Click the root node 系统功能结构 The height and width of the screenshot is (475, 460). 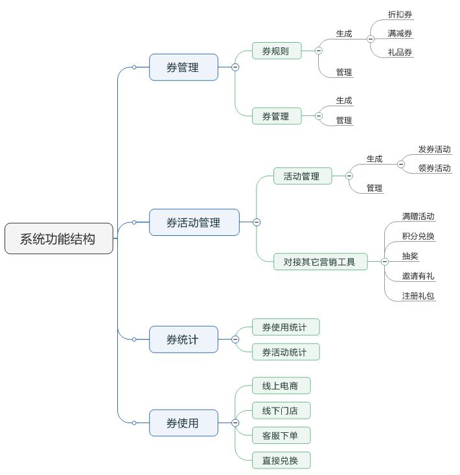pos(58,238)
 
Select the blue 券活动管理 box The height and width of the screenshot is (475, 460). pos(194,222)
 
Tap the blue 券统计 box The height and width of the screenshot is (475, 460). pos(183,339)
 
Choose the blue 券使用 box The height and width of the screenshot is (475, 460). pos(183,423)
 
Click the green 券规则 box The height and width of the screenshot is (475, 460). pos(277,51)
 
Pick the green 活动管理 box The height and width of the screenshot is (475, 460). pos(303,176)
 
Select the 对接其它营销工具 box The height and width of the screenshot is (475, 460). pos(320,262)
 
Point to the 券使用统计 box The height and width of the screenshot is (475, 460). pos(285,327)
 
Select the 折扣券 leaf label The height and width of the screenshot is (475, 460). pos(400,14)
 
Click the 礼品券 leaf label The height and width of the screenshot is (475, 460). pos(400,52)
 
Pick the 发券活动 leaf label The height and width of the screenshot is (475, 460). pos(434,149)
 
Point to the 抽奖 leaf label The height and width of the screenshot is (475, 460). pos(410,256)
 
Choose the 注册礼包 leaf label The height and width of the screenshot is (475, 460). pos(418,295)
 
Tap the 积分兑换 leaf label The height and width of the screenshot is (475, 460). pos(418,236)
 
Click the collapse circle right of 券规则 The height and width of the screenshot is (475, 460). pos(318,51)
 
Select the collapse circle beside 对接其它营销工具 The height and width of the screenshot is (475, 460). pos(384,262)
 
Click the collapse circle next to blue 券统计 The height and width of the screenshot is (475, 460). pos(235,339)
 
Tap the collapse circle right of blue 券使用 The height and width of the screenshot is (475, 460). pos(235,423)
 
